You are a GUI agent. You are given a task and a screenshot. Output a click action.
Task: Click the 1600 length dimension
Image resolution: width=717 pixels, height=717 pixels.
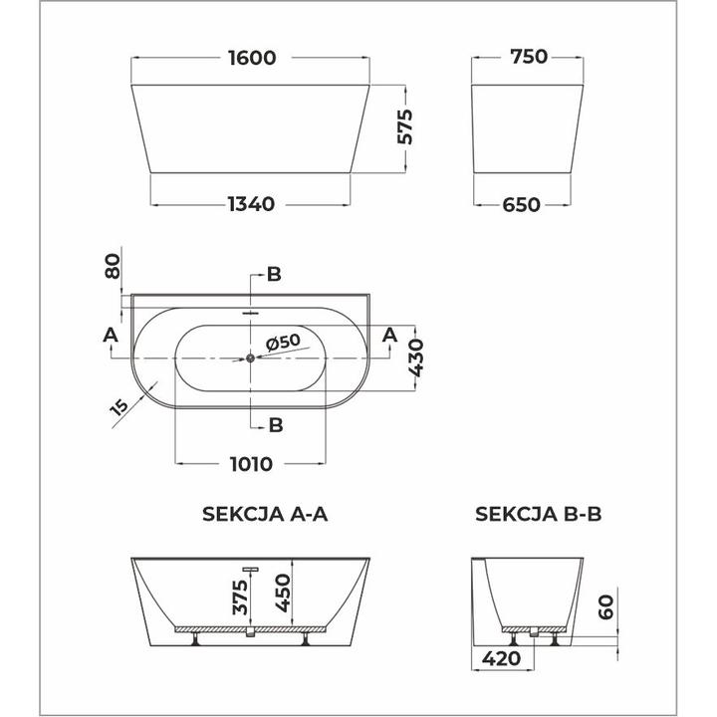pos(250,58)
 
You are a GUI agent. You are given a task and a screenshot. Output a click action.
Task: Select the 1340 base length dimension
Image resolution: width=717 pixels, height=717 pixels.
pos(250,204)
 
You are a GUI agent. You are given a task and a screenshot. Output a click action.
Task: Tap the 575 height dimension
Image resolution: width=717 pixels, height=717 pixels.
pos(404,127)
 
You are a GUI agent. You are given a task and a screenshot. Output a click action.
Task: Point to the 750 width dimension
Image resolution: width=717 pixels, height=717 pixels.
pos(527,58)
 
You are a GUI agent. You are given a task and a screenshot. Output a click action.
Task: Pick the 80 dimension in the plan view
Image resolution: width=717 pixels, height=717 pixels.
pos(113,267)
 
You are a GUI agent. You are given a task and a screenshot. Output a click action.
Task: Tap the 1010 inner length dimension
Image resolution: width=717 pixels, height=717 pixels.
pos(250,463)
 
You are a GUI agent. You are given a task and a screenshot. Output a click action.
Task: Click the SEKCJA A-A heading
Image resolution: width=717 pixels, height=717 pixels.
pos(264,515)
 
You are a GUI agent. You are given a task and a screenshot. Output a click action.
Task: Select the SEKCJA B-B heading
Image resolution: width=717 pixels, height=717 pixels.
pos(538,515)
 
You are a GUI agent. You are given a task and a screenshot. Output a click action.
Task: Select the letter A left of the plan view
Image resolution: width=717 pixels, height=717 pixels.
pos(110,334)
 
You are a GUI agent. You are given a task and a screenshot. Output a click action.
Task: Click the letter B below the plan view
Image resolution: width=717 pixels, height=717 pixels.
pos(276,425)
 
